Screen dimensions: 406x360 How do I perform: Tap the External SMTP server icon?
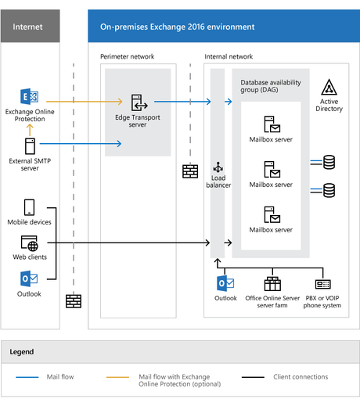tap(30, 146)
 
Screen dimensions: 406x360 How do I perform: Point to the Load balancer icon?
tap(218, 168)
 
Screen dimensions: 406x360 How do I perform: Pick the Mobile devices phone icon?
tap(30, 207)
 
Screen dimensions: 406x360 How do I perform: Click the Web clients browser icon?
tap(30, 243)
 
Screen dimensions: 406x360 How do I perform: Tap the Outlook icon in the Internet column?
tap(28, 279)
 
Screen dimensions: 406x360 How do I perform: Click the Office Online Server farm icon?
tap(272, 283)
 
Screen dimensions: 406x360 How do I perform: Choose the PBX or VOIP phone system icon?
tap(323, 283)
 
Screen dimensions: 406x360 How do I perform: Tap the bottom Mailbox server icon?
tap(271, 214)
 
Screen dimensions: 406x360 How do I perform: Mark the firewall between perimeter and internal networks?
tap(189, 171)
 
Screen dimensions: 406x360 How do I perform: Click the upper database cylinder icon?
tap(329, 162)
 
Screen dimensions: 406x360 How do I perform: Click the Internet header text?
tap(28, 27)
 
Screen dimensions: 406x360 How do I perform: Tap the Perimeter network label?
tap(128, 57)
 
